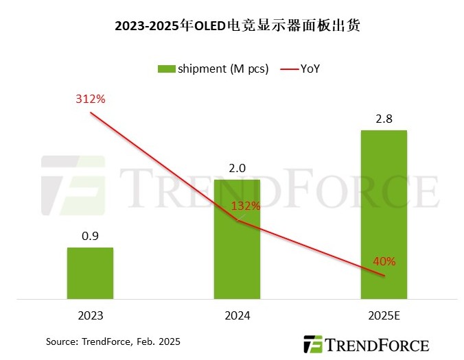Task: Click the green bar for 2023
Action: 90,273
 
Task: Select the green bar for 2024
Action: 237,239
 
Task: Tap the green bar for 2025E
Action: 384,215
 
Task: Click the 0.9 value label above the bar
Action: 90,235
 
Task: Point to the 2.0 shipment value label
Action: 237,168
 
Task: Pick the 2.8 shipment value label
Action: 384,118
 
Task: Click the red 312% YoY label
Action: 90,99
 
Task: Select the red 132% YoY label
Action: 246,206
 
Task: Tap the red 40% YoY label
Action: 384,261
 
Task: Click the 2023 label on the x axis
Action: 90,316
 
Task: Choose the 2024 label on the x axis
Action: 237,316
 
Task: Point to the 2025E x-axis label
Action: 384,316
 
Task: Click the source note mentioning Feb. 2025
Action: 113,341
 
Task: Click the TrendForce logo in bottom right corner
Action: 367,344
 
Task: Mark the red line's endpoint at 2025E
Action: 384,276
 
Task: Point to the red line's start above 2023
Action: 90,112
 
